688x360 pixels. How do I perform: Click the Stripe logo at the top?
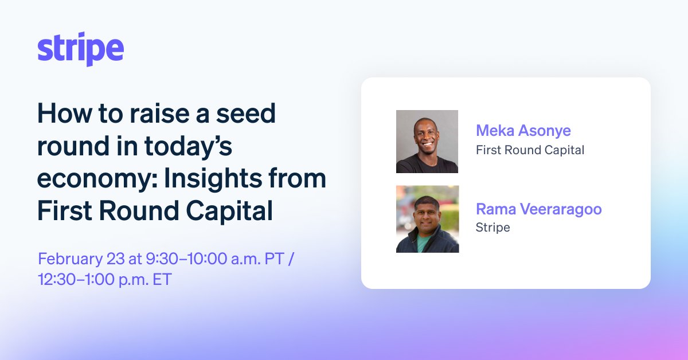(x=80, y=49)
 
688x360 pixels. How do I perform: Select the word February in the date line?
(x=68, y=259)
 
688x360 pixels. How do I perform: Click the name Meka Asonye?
(x=523, y=131)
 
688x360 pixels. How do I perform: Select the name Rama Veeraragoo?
(x=538, y=209)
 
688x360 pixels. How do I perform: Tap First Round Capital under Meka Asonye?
(x=530, y=150)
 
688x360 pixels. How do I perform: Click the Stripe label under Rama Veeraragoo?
(x=492, y=228)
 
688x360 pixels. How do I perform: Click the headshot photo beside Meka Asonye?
(x=427, y=142)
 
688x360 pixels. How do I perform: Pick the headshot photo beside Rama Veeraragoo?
(x=427, y=219)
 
